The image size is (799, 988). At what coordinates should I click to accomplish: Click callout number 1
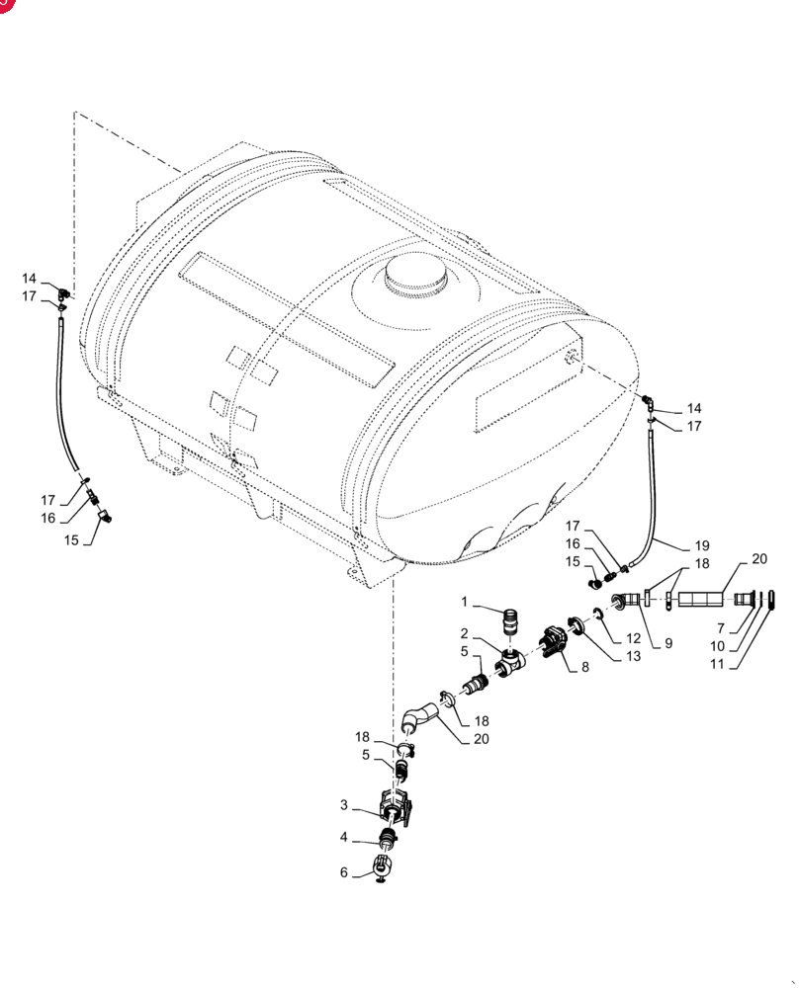(464, 602)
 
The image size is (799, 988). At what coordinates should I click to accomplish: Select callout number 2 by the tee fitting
(464, 633)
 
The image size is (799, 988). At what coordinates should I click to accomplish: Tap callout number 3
(344, 804)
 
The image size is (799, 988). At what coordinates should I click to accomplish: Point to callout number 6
(344, 872)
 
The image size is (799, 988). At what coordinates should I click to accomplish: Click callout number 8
(585, 667)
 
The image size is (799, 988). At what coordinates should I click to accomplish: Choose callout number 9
(668, 643)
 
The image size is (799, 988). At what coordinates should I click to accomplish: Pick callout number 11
(717, 664)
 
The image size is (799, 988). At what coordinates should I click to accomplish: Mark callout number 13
(633, 656)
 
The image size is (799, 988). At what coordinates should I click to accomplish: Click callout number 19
(702, 545)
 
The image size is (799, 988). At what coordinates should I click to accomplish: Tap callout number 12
(633, 638)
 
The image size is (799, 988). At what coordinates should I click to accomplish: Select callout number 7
(721, 628)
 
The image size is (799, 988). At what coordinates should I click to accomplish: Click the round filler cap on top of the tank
(415, 276)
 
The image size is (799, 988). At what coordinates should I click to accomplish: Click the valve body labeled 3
(395, 807)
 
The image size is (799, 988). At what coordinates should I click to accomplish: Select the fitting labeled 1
(511, 621)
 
